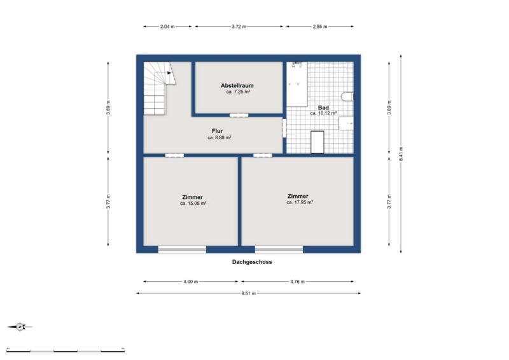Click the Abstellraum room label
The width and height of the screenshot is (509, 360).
(x=237, y=86)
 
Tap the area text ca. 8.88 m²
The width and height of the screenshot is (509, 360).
(x=220, y=137)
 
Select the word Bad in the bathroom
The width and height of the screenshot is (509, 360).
(x=323, y=107)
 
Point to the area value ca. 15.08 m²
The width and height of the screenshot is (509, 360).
(x=193, y=204)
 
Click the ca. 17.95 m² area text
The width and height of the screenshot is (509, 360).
(x=300, y=202)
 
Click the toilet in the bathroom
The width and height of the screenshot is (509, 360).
(x=347, y=97)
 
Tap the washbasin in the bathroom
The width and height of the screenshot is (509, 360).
(x=346, y=123)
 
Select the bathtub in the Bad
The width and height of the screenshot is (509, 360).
(x=296, y=84)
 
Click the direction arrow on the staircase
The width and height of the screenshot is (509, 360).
(x=169, y=73)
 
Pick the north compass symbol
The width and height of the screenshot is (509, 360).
(x=20, y=326)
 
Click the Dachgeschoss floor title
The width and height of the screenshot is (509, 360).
(x=252, y=262)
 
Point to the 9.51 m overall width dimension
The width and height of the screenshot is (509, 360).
(x=249, y=293)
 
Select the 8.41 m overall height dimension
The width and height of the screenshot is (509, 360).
(x=401, y=154)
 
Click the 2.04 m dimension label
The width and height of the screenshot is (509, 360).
(x=167, y=27)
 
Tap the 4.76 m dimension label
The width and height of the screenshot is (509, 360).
(x=297, y=282)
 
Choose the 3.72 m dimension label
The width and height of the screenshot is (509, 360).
(x=239, y=27)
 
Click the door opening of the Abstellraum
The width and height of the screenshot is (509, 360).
(x=239, y=115)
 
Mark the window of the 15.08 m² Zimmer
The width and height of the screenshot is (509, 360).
(x=182, y=249)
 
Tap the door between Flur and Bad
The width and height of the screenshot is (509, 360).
(x=284, y=128)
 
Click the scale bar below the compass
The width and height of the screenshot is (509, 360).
(x=66, y=350)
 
